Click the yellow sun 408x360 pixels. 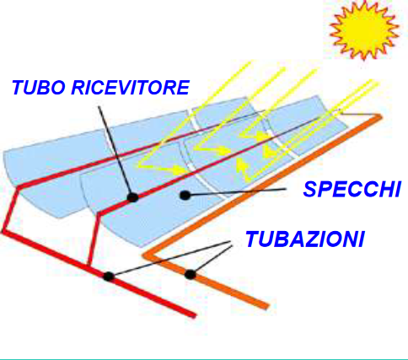tap(364, 30)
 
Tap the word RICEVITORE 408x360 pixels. tap(131, 87)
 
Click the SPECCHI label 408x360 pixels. tap(352, 189)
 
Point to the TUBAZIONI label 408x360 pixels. tap(305, 239)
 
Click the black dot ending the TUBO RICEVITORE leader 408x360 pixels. tap(132, 197)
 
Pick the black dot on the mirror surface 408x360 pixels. tap(185, 195)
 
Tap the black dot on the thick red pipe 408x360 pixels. tap(108, 277)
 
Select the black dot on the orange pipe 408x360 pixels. tap(190, 275)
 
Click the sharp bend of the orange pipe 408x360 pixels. tap(145, 255)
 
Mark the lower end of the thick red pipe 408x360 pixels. tap(193, 315)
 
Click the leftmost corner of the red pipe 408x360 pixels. tap(3, 232)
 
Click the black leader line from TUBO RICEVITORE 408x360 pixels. tap(115, 151)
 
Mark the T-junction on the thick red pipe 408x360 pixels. tap(89, 266)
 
